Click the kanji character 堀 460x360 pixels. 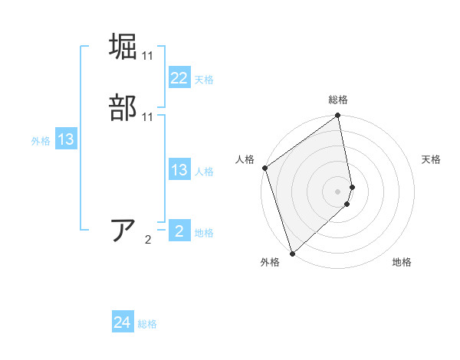(124, 47)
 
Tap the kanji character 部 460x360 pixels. (124, 107)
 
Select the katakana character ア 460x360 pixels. (124, 230)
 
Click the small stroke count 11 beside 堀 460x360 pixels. (148, 56)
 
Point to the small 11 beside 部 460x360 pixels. (148, 117)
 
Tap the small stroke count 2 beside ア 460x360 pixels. (148, 240)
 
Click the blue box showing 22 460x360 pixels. (179, 78)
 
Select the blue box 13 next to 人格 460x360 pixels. (179, 170)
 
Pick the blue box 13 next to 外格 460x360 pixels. (65, 140)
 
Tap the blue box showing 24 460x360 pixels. (123, 323)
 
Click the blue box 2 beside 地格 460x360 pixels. (179, 231)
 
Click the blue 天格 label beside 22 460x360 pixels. (204, 80)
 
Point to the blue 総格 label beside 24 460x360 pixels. (148, 325)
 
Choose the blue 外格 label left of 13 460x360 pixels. (40, 141)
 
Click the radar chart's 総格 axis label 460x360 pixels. (338, 100)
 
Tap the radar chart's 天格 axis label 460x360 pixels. (431, 159)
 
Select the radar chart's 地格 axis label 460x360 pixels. (402, 263)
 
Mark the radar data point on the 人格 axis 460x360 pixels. (264, 168)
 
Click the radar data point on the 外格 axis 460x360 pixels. (292, 254)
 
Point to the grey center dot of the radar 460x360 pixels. (338, 191)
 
